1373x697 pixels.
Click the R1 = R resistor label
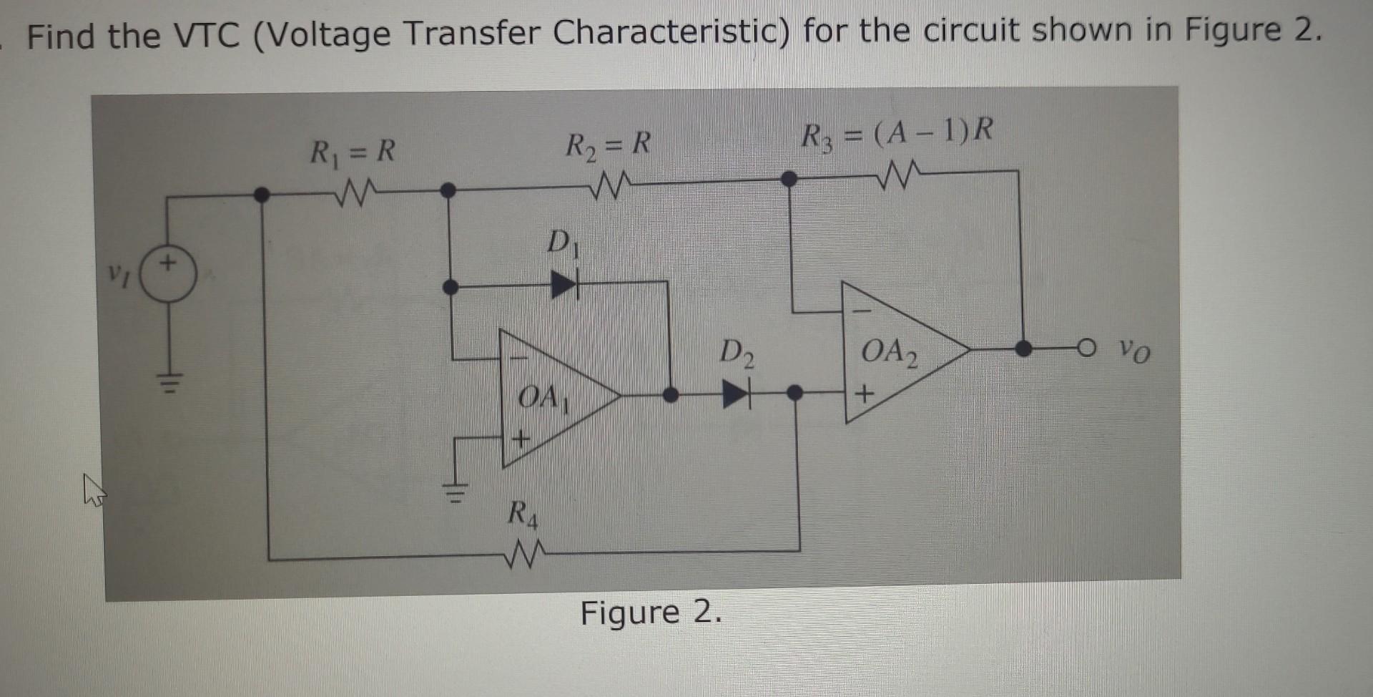[352, 151]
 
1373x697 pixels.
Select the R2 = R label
[608, 145]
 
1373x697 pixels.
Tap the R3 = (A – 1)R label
[897, 133]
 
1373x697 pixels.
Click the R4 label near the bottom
[522, 514]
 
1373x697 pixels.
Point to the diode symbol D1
[564, 285]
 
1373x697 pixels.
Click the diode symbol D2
[737, 394]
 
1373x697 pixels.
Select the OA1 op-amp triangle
[551, 397]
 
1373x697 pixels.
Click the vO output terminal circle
[1086, 348]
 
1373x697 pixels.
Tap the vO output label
[1134, 351]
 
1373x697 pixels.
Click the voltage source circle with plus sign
[169, 276]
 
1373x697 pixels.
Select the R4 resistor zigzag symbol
[525, 555]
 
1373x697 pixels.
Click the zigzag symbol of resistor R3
[901, 175]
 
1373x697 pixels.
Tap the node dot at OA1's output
[670, 394]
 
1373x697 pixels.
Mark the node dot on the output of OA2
[1023, 348]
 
